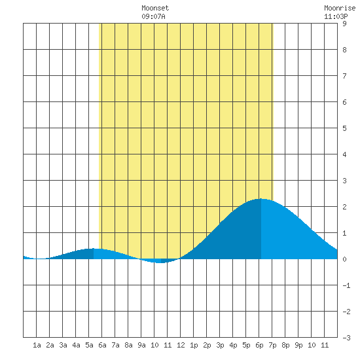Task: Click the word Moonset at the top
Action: pos(155,8)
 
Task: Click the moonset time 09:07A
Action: pos(153,16)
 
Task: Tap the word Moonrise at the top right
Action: pos(340,8)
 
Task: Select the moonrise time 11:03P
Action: pos(336,16)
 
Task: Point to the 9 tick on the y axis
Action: pos(344,24)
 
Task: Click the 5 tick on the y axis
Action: pos(344,128)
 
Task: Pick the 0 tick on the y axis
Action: pos(344,259)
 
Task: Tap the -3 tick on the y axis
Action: pos(346,338)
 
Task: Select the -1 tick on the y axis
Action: pos(346,285)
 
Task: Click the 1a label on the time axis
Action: pos(37,345)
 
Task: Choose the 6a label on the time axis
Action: pos(102,345)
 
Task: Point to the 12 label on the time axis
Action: pos(181,345)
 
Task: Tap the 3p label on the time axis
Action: pos(220,345)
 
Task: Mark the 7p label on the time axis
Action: pos(272,345)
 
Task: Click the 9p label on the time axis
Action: pos(298,345)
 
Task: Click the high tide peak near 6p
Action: pos(261,199)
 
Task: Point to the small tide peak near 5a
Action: pos(94,249)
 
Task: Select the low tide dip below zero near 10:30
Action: pos(161,262)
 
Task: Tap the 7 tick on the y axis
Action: pos(344,76)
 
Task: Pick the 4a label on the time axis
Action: pos(76,345)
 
